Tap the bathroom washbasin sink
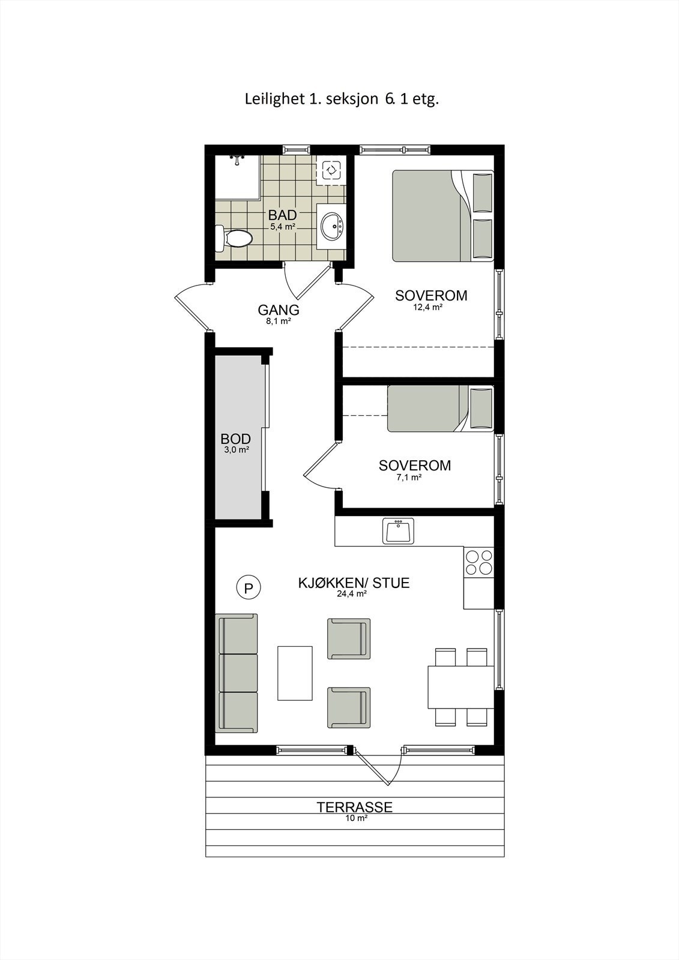pos(331,226)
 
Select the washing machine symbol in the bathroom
pos(331,170)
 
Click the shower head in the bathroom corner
pos(238,159)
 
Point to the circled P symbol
pos(248,587)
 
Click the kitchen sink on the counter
pos(398,531)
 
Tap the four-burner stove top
pos(478,562)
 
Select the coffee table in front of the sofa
pos(295,673)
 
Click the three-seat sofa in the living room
pos(238,673)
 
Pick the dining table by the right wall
pos(460,686)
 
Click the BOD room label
pos(235,439)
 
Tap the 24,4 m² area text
pos(352,594)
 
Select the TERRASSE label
pos(354,807)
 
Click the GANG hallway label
pos(279,310)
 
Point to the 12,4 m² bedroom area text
pos(427,307)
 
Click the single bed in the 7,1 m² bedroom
pos(440,409)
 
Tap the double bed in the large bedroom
pos(443,216)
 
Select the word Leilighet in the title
pos(274,99)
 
